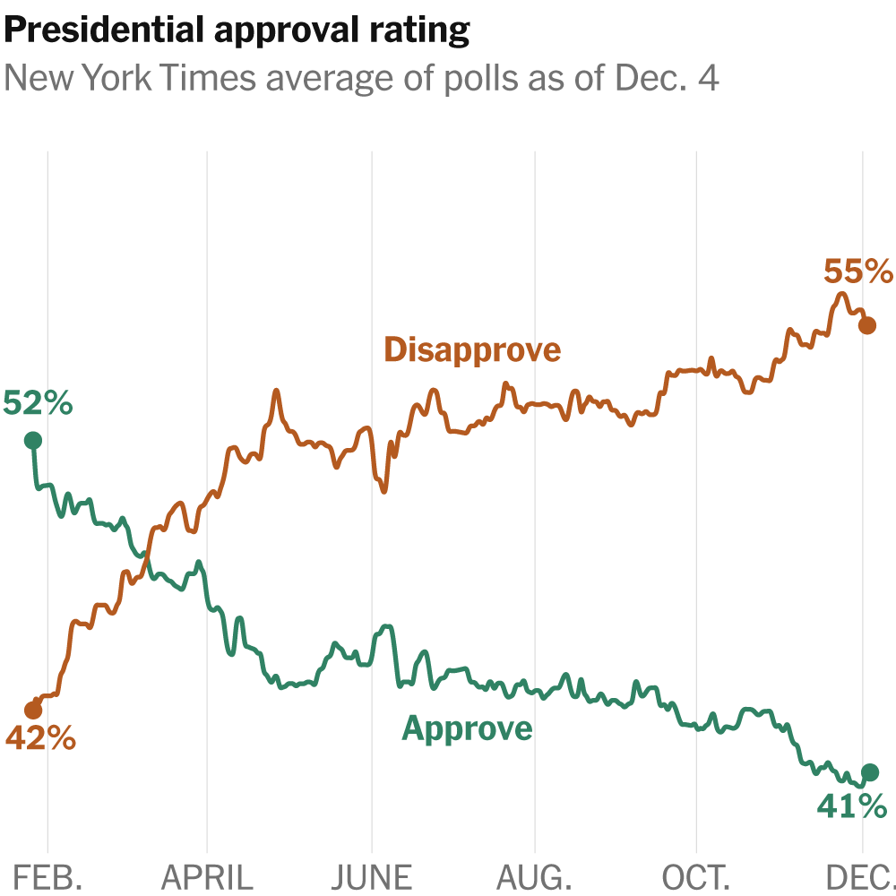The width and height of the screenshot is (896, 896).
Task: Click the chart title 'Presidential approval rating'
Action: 237,31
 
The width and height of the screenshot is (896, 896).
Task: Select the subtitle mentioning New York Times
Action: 362,79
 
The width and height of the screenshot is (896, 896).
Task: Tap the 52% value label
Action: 38,403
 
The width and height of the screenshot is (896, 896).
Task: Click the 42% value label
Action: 40,739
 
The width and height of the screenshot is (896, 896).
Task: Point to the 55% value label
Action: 858,271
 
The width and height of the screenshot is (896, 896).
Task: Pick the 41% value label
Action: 851,806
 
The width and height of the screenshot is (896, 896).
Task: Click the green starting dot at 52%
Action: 33,440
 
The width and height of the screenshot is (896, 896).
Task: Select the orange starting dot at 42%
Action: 33,711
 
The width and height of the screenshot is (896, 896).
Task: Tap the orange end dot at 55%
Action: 867,325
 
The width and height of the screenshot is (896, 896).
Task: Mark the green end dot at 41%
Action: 869,771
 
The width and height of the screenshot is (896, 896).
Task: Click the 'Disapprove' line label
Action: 472,349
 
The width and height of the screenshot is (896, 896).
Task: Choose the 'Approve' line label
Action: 467,728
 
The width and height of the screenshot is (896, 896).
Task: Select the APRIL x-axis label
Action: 207,876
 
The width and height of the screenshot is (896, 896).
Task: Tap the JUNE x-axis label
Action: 371,876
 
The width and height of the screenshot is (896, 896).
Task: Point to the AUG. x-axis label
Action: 535,876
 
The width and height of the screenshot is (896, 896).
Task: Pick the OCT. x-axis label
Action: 696,876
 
